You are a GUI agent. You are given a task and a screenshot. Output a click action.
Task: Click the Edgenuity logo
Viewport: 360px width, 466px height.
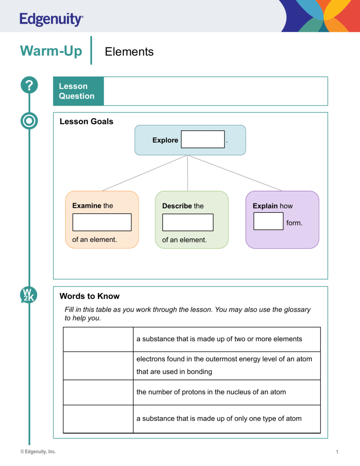[x=52, y=20]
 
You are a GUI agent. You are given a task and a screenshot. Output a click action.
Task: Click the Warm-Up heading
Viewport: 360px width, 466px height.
[x=51, y=50]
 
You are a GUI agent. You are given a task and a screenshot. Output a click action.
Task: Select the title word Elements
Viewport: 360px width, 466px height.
[x=129, y=52]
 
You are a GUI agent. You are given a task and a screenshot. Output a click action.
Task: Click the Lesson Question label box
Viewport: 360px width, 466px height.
[x=77, y=91]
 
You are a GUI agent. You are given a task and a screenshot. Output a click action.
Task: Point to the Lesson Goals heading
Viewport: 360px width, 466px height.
[x=86, y=121]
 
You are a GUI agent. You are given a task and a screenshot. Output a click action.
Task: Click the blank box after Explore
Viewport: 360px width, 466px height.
[x=202, y=139]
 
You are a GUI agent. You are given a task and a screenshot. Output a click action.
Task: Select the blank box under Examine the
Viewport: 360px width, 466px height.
[x=102, y=222]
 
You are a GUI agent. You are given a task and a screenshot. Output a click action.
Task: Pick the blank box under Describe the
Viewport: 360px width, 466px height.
[x=187, y=222]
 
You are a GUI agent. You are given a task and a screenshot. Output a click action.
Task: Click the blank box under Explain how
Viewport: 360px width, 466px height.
[x=268, y=221]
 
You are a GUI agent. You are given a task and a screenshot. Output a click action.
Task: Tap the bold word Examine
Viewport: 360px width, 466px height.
[x=87, y=205]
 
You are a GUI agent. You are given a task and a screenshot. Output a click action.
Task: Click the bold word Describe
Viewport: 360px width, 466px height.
[x=177, y=206]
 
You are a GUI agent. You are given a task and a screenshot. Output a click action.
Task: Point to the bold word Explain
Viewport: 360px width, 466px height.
[x=265, y=206]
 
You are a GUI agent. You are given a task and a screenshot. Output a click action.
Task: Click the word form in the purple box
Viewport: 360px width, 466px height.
[x=294, y=223]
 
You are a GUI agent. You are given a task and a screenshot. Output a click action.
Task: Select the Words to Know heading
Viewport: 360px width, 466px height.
[x=90, y=296]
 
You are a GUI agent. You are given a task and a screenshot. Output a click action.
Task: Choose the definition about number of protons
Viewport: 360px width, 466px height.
[x=211, y=392]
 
